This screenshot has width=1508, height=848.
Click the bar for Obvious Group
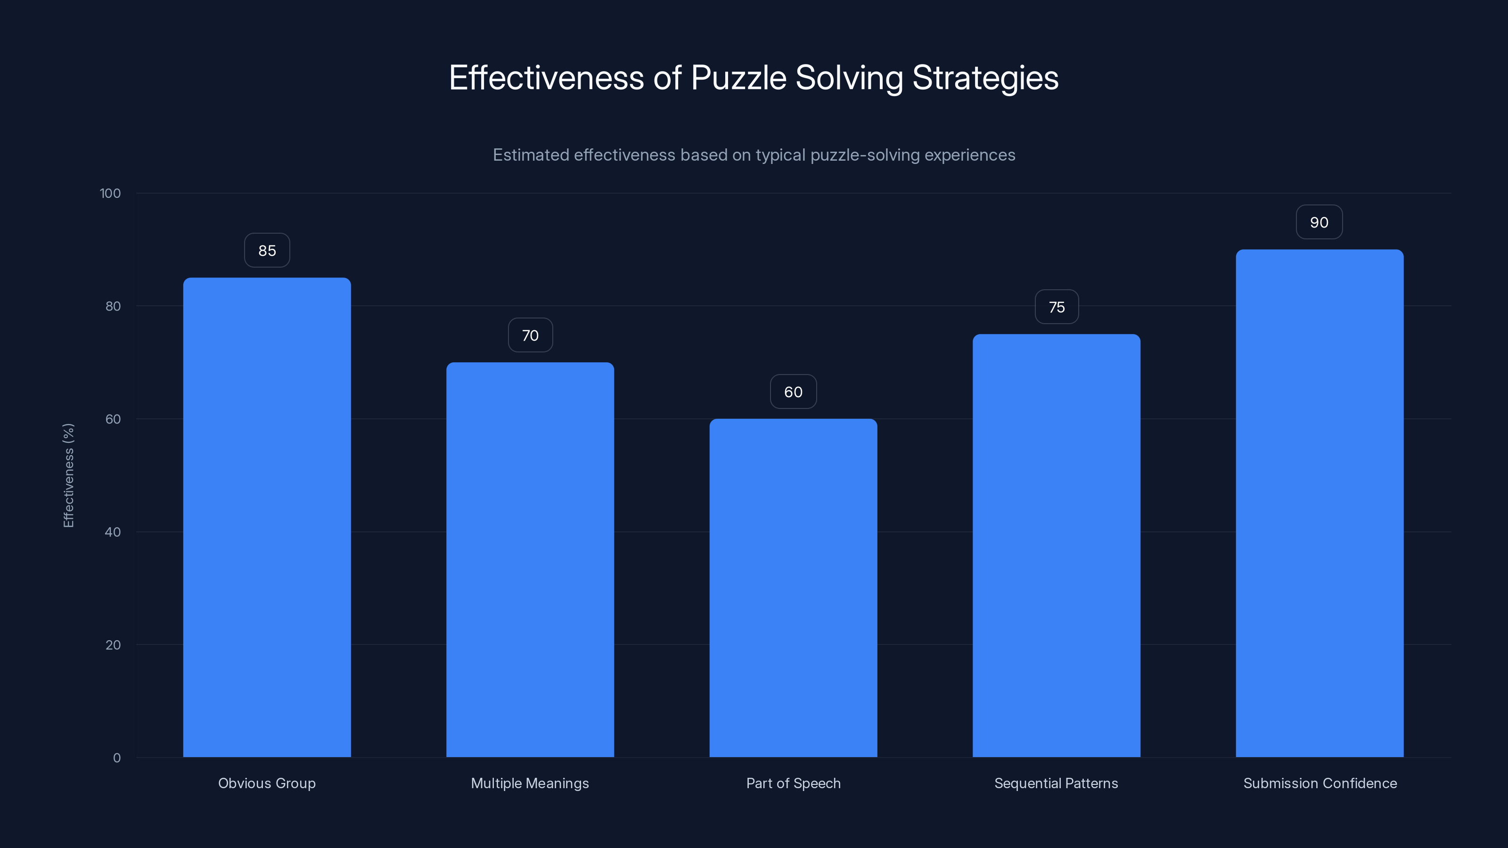pos(267,517)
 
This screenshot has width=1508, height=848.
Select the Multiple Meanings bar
pos(530,560)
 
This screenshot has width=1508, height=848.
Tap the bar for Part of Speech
pos(793,587)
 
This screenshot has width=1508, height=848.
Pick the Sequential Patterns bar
pos(1056,546)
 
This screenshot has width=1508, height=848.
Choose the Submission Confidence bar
pos(1319,503)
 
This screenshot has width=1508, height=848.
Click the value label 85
pos(267,251)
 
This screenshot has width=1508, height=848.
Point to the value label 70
pos(530,335)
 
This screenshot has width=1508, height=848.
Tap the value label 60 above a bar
pos(793,392)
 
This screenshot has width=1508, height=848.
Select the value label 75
pos(1056,307)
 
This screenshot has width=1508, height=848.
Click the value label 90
pos(1319,222)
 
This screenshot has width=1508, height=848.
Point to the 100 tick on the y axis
pos(110,193)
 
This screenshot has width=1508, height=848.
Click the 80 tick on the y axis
pos(113,306)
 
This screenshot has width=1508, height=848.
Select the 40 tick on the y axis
pos(113,532)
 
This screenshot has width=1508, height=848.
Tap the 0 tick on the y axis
pos(117,758)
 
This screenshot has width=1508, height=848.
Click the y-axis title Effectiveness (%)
pos(68,475)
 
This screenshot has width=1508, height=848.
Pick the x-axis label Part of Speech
pos(793,783)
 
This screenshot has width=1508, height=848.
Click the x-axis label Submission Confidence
pos(1319,783)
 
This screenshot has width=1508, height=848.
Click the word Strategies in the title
pos(985,78)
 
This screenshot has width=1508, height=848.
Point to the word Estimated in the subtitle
pos(531,155)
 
